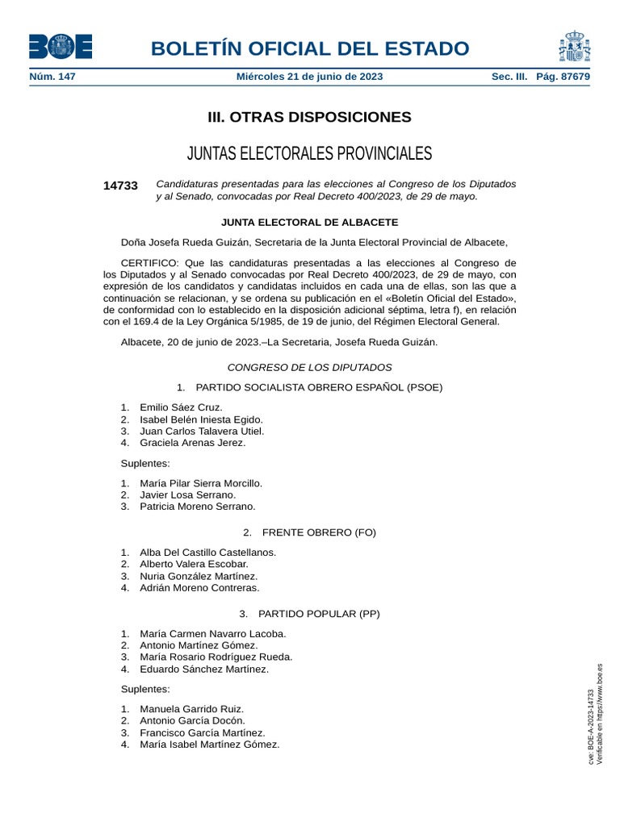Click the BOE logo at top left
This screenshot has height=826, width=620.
pyautogui.click(x=61, y=46)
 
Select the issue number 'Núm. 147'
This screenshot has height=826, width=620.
pyautogui.click(x=52, y=77)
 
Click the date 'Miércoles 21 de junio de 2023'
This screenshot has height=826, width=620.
pyautogui.click(x=309, y=77)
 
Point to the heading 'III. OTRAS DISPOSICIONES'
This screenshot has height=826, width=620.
pyautogui.click(x=309, y=117)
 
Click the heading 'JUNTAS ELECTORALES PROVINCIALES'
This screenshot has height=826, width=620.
pyautogui.click(x=309, y=153)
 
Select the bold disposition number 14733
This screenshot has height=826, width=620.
pyautogui.click(x=120, y=186)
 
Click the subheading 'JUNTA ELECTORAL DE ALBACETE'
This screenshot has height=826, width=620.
pyautogui.click(x=309, y=222)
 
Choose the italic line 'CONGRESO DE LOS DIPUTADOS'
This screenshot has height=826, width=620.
pyautogui.click(x=309, y=367)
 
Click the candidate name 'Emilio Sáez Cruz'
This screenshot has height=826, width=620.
pyautogui.click(x=181, y=407)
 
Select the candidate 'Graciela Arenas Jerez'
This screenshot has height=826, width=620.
pyautogui.click(x=192, y=443)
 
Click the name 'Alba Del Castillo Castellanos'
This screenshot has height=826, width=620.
pyautogui.click(x=207, y=553)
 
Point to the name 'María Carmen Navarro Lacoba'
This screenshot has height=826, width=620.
pyautogui.click(x=212, y=634)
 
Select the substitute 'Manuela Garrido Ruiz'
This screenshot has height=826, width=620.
pyautogui.click(x=191, y=709)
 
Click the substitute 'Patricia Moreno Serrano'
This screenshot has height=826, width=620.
pyautogui.click(x=197, y=507)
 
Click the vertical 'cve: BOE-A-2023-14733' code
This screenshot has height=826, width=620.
pyautogui.click(x=591, y=726)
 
